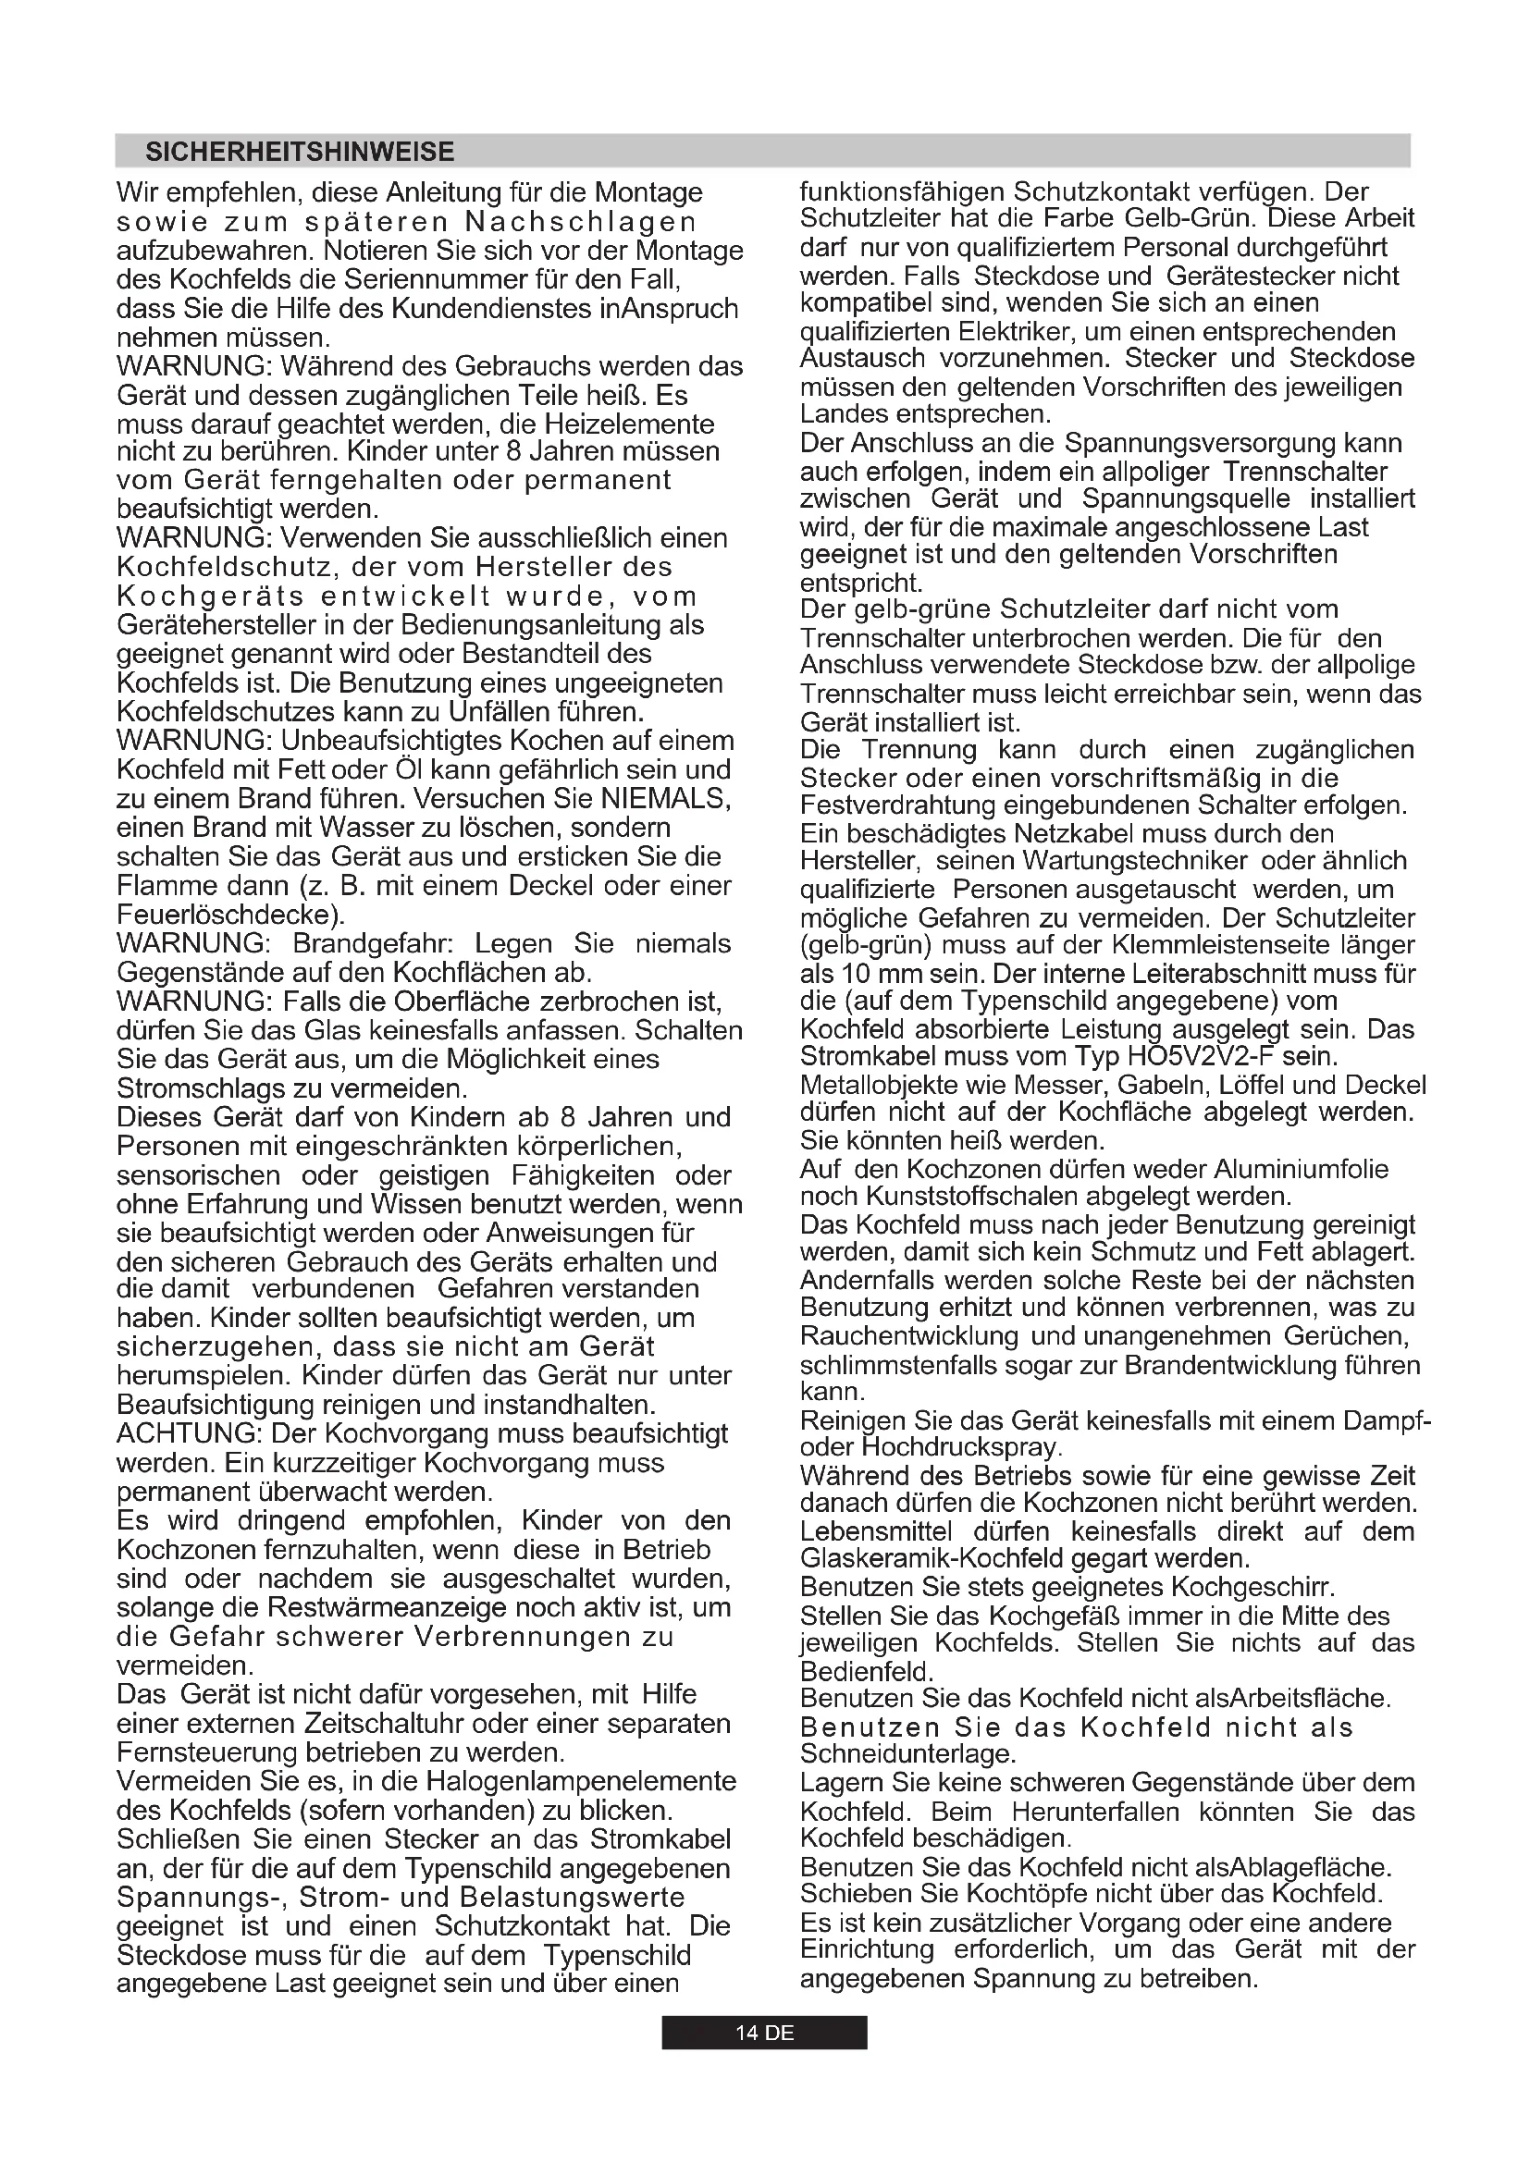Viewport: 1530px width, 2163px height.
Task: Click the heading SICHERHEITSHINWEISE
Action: (x=300, y=152)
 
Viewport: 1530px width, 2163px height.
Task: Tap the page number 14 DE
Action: (x=764, y=2033)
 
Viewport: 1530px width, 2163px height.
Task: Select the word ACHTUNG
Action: (x=189, y=1434)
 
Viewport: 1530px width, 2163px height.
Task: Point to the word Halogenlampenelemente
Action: (x=581, y=1781)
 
